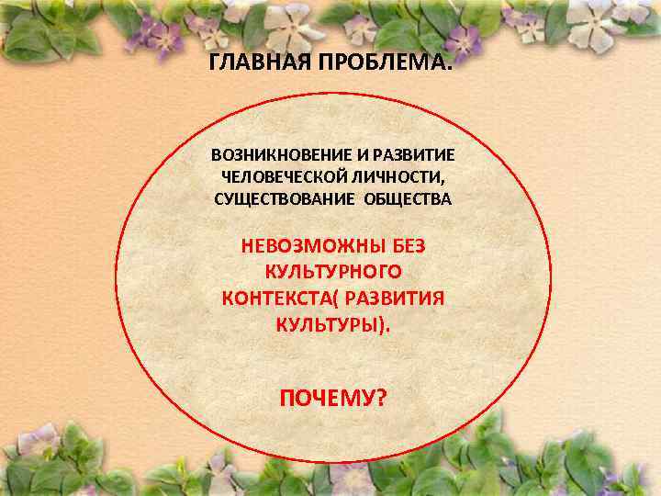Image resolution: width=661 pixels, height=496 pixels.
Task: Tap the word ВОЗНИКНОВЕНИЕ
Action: (x=274, y=156)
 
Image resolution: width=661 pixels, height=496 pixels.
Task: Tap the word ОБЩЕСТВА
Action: (x=408, y=199)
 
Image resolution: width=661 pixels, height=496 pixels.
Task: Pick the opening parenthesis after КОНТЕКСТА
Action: (x=334, y=299)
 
